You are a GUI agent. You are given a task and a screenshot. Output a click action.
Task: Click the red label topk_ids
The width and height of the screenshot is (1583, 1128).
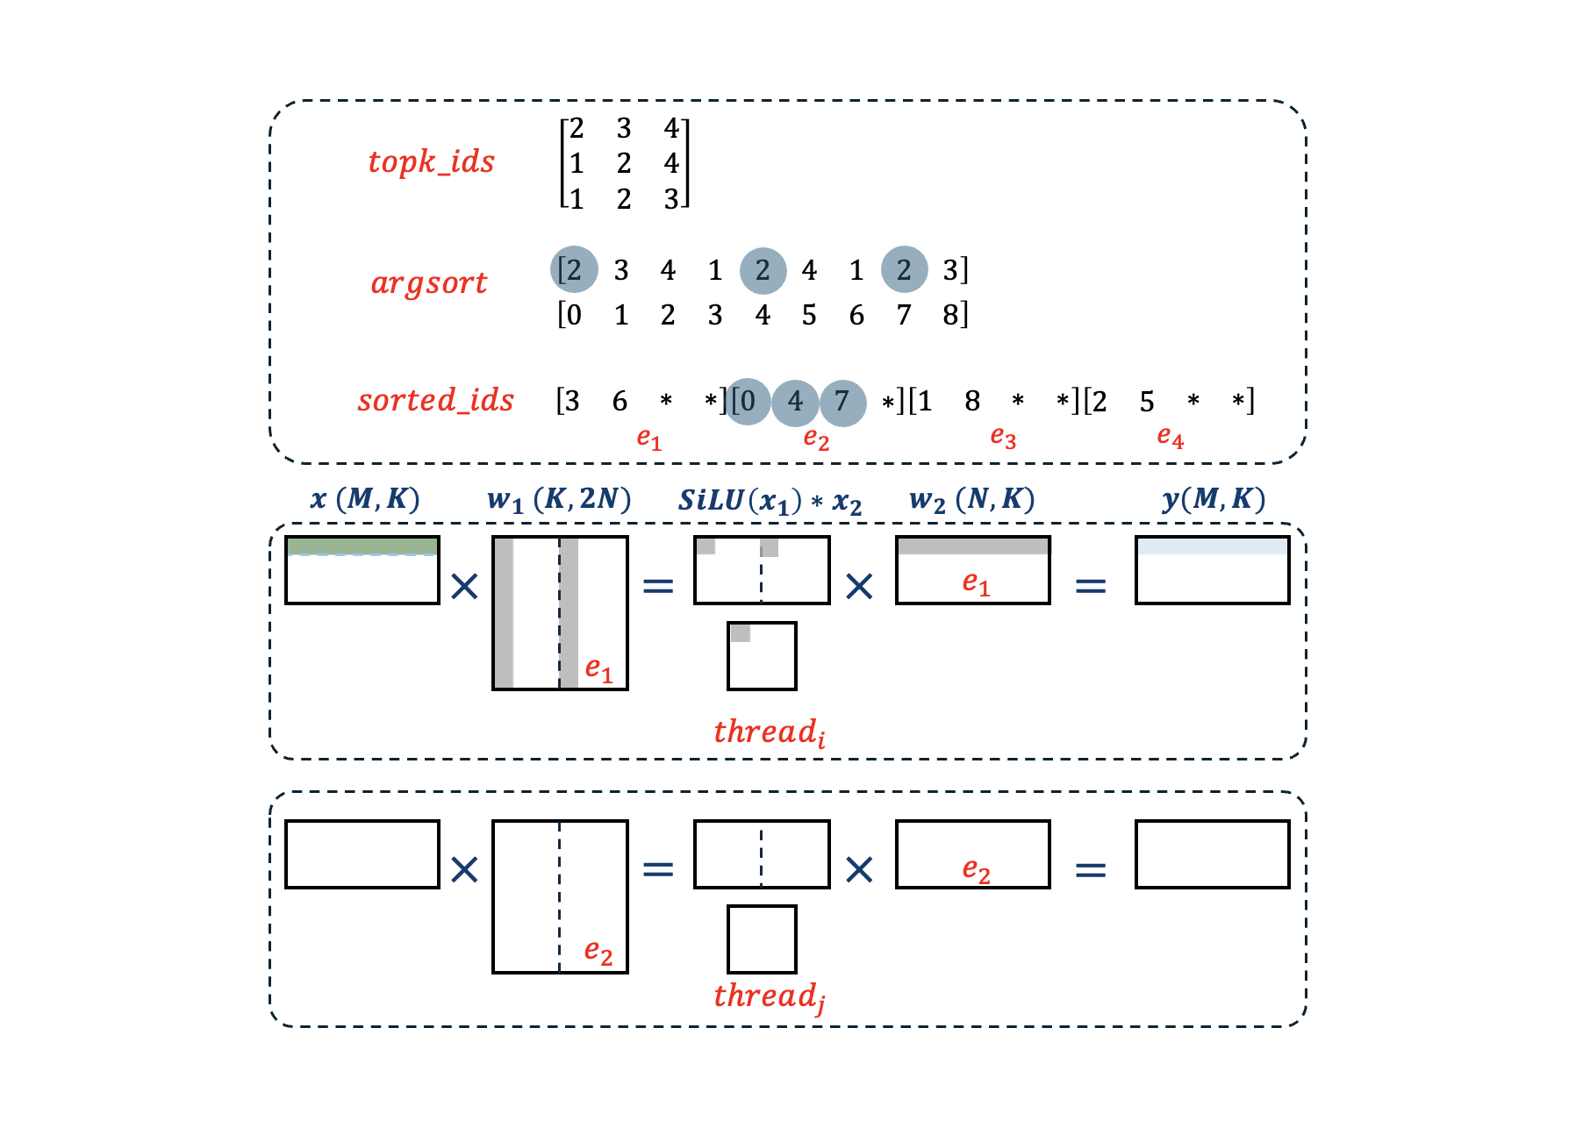tap(431, 162)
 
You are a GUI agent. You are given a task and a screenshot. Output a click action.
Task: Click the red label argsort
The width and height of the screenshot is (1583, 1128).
tap(428, 283)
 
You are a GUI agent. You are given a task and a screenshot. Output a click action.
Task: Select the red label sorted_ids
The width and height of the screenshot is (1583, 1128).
tap(435, 401)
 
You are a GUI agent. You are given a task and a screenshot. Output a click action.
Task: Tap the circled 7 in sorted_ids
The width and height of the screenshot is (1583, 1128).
tap(842, 402)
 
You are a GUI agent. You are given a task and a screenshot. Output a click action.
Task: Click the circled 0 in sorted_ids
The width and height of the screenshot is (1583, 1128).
tap(748, 402)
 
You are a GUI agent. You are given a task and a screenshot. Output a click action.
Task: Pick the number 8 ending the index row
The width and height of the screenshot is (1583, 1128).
tap(951, 315)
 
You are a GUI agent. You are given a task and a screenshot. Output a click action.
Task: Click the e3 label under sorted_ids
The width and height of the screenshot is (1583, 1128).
tap(1003, 436)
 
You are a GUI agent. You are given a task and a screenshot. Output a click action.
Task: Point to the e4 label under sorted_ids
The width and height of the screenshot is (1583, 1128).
tap(1170, 436)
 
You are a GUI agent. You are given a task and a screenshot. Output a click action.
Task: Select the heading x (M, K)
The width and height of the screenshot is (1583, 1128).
tap(364, 499)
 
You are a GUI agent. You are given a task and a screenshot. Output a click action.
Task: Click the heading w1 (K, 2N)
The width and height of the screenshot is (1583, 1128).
tap(559, 500)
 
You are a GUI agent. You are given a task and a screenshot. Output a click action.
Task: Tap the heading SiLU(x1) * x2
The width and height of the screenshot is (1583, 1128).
tap(770, 501)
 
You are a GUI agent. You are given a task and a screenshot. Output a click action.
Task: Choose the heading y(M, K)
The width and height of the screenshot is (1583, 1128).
tap(1214, 499)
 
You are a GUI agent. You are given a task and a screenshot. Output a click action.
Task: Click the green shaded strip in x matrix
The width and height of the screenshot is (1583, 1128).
tap(362, 546)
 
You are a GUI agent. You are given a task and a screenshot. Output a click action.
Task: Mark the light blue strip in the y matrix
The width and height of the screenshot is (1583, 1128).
tap(1212, 546)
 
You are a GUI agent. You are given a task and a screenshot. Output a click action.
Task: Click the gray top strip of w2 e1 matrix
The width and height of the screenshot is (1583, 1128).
tap(972, 546)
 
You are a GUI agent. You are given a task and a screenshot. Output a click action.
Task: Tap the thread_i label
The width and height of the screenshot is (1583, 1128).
tap(769, 732)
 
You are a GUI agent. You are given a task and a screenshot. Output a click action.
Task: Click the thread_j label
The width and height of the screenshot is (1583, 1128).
tap(769, 996)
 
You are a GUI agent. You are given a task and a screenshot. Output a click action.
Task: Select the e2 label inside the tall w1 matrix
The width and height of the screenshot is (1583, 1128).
tap(598, 952)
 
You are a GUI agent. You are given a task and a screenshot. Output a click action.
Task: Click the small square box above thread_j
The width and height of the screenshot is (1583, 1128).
tap(762, 939)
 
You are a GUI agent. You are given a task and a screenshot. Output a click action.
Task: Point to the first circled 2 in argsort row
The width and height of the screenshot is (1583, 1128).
tap(574, 269)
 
